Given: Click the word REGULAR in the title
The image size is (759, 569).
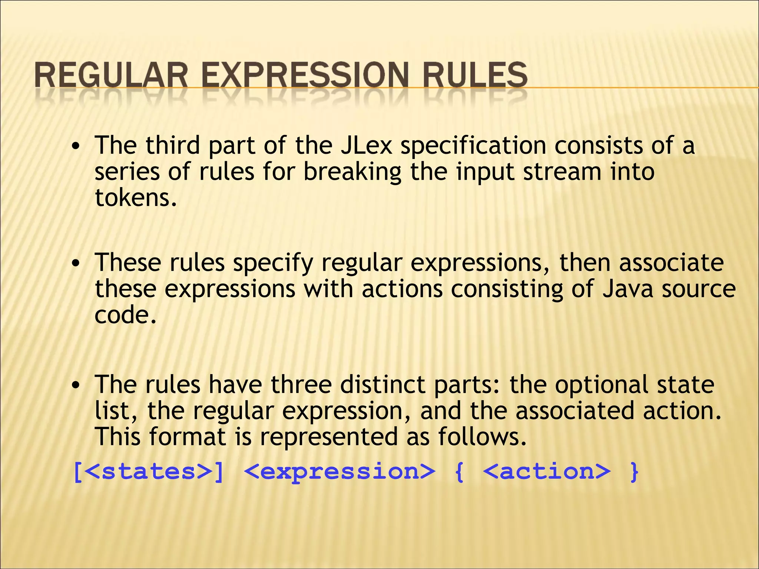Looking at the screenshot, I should point(111,75).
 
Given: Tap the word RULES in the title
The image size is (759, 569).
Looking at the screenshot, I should point(475,75).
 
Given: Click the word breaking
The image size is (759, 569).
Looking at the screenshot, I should point(352,172).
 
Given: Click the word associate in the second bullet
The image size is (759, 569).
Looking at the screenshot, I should point(671,263).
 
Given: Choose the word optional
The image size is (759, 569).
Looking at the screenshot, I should point(601,385).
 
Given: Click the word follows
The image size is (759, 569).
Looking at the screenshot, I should point(482,437).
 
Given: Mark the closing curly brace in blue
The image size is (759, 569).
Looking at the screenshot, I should point(634,472).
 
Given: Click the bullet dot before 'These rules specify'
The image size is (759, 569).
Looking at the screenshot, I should point(76,264).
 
